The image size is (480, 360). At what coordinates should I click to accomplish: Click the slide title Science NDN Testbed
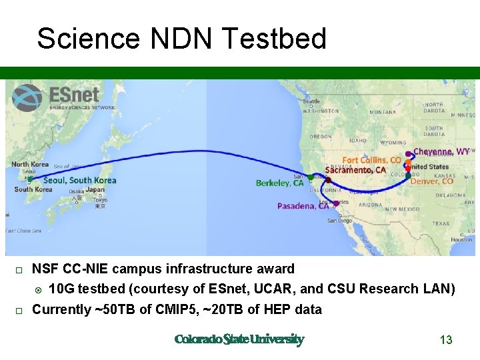point(181,39)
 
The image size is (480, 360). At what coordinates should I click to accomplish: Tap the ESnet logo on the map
point(64,98)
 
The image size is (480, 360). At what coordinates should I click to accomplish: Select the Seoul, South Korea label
point(79,181)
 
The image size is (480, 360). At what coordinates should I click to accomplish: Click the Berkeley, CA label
point(279,183)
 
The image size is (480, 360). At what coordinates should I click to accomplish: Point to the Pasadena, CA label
point(303,206)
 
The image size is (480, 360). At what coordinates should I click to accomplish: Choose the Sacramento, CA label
point(355,170)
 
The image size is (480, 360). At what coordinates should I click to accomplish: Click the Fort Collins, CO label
point(371,160)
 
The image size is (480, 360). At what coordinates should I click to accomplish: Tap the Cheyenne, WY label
point(441,152)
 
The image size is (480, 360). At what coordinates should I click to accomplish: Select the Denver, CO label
point(432,181)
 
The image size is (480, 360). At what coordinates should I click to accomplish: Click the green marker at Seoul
point(30,179)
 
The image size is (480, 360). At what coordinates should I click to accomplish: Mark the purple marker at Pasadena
point(336,203)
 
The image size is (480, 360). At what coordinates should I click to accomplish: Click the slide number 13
point(446,340)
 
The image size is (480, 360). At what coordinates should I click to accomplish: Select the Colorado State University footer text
point(239,340)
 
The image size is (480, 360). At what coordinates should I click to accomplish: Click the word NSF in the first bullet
point(45,269)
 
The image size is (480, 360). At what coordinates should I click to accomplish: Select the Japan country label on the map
point(95,189)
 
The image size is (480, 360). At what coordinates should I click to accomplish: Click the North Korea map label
point(30,164)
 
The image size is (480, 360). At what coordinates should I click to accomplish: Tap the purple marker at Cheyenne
point(408,154)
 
